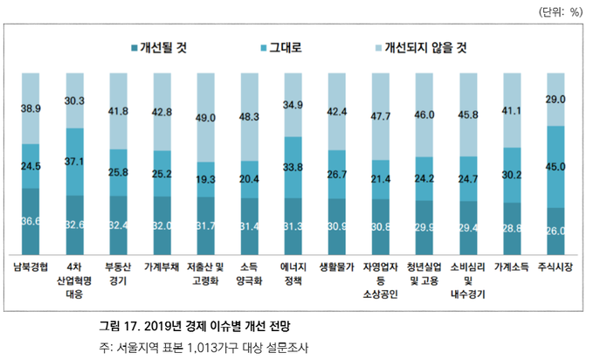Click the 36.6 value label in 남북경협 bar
point(31,222)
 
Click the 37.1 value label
point(74,162)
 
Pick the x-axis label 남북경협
point(31,266)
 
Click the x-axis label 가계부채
point(162,266)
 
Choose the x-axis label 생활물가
point(337,266)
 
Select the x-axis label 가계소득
point(513,266)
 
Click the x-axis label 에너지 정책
point(293,273)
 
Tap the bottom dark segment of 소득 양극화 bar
point(250,225)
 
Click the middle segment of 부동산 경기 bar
point(118,172)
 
